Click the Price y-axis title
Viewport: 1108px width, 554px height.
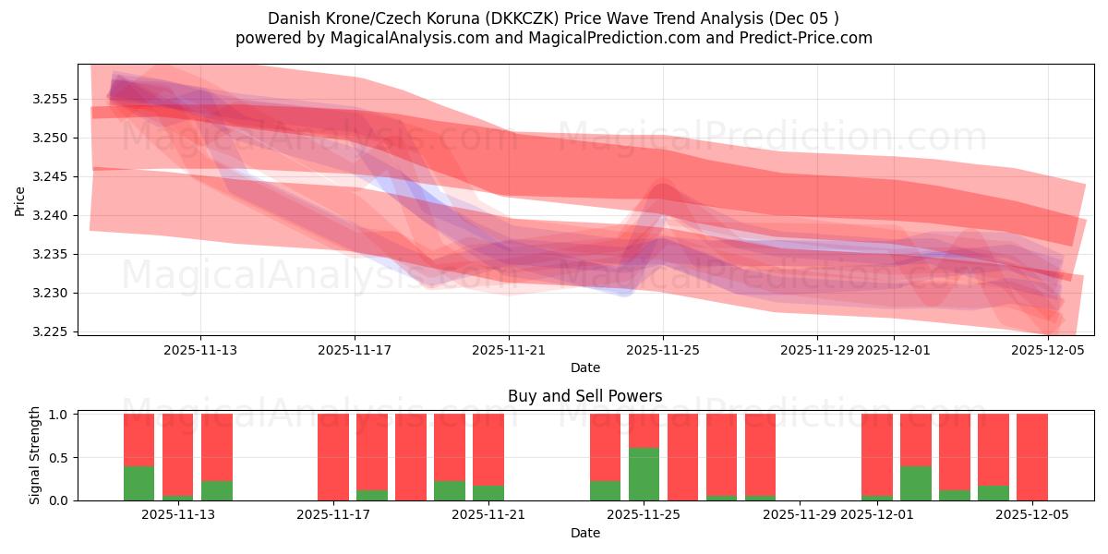click(20, 199)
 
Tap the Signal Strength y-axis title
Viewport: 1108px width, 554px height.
click(34, 456)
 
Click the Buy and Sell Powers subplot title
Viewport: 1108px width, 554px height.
click(584, 396)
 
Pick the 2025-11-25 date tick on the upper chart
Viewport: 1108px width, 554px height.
click(662, 350)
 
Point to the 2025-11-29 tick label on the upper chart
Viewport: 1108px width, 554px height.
click(816, 350)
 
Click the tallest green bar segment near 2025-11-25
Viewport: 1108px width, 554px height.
click(644, 474)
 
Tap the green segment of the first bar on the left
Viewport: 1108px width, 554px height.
click(138, 483)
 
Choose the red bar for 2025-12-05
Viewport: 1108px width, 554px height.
click(1031, 456)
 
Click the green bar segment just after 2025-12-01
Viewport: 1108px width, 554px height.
click(915, 483)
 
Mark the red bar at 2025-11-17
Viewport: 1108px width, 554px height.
click(333, 456)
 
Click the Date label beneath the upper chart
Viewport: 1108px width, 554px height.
click(584, 367)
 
